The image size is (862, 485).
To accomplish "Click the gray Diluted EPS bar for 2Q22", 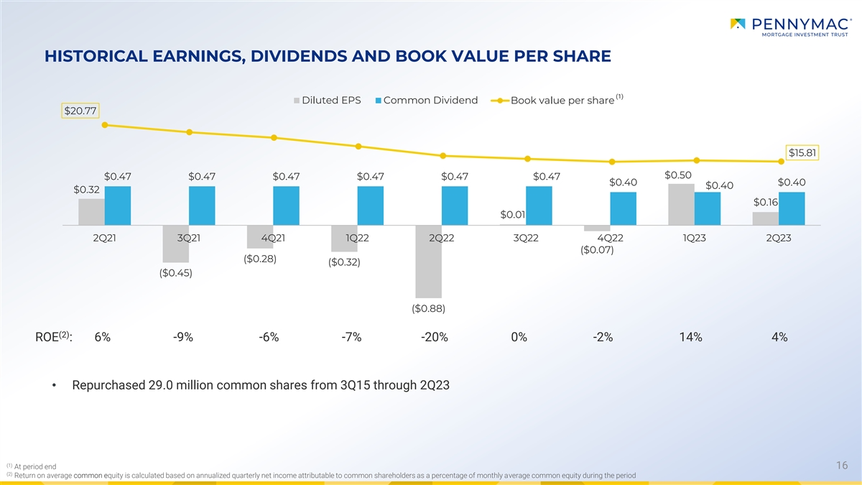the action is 428,262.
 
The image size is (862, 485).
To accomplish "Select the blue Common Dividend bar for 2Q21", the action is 118,205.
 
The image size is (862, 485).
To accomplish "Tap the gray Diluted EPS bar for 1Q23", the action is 681,204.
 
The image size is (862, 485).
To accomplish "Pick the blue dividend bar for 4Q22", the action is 623,208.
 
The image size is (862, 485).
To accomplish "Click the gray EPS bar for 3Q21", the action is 176,244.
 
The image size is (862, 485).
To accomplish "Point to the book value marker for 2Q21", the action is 105,125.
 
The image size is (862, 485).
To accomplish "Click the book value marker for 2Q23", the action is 782,162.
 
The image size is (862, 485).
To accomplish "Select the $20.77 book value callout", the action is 80,111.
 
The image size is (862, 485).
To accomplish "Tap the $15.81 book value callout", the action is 802,152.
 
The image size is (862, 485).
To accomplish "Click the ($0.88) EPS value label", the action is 428,308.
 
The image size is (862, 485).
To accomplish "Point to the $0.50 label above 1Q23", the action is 678,175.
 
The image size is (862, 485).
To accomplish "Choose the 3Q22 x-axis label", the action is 526,238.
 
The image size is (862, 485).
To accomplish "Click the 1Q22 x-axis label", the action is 357,238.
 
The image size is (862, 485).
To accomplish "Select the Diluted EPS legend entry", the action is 328,101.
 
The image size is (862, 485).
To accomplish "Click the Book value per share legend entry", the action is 557,100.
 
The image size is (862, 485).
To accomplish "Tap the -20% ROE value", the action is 435,337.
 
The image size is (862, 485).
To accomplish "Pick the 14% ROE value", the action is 691,337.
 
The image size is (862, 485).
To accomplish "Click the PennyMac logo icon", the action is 738,24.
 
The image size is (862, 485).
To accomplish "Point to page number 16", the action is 842,466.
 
